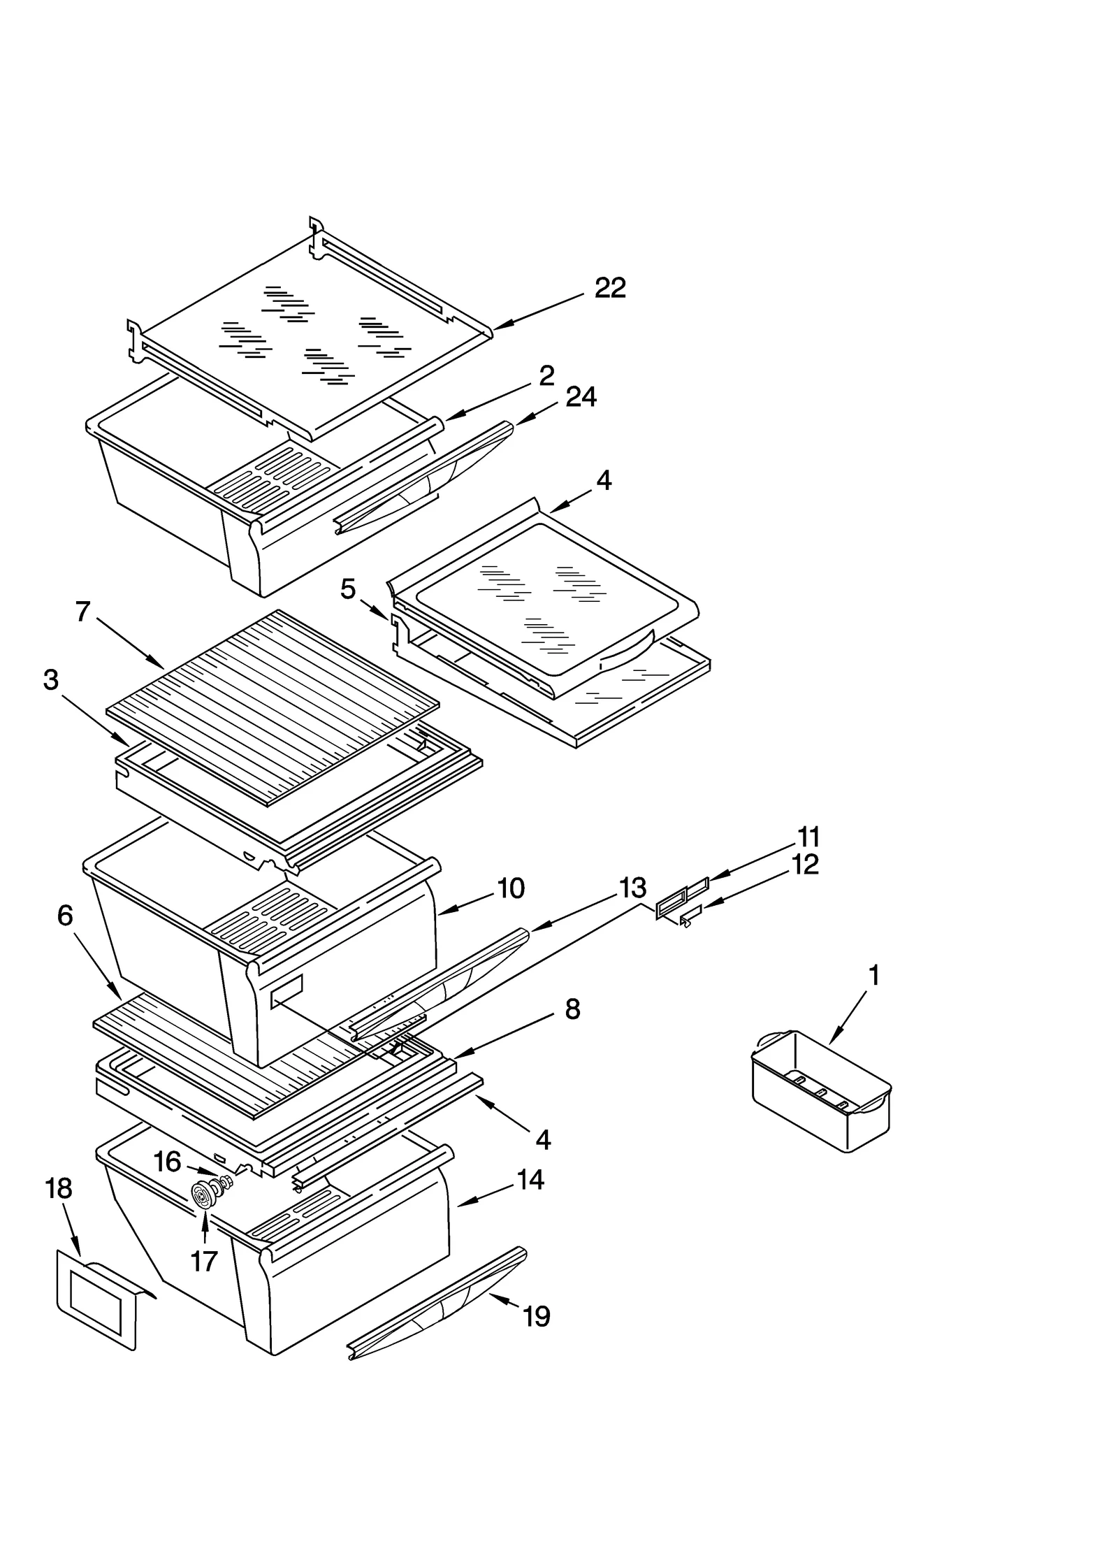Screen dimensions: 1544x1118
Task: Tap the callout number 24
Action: [581, 397]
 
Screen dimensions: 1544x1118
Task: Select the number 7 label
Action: [83, 612]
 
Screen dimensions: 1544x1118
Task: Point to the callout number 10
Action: [511, 888]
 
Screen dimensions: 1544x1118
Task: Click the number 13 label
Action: [632, 888]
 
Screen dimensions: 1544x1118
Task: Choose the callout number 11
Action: [809, 837]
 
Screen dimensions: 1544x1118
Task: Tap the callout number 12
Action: [806, 865]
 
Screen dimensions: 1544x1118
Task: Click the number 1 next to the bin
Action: [873, 975]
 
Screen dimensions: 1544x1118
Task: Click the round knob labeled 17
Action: [203, 1197]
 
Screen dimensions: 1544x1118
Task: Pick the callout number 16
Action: [168, 1162]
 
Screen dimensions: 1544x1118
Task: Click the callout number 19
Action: [537, 1317]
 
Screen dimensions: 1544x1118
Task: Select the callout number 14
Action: [530, 1180]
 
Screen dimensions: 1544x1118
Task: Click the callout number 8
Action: [572, 1009]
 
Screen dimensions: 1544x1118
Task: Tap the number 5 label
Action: [347, 589]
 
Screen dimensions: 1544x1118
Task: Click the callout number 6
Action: [65, 915]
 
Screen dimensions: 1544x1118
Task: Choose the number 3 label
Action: [50, 679]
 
